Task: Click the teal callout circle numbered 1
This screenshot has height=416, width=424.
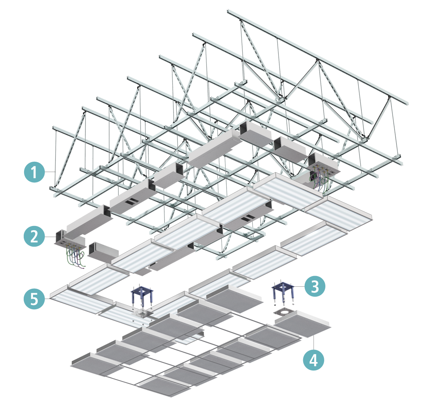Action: [34, 172]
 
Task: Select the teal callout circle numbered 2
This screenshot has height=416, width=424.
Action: [34, 236]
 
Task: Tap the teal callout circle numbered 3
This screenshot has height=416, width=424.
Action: [314, 286]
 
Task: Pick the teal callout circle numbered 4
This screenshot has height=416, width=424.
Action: [314, 360]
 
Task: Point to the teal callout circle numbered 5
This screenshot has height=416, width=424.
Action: [34, 299]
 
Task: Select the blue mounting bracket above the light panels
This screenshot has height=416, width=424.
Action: [141, 296]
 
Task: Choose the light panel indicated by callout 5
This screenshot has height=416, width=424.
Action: [80, 306]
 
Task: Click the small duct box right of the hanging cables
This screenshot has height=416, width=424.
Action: [104, 251]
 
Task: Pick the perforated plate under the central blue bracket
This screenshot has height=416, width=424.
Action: [142, 314]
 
